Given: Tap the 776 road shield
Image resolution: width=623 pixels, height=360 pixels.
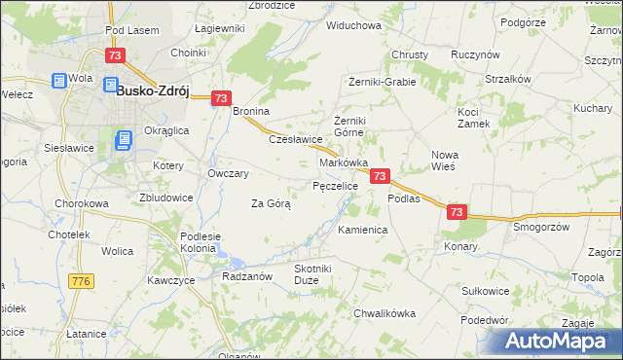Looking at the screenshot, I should (81, 280).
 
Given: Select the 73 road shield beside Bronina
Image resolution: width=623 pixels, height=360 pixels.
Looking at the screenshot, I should (221, 97).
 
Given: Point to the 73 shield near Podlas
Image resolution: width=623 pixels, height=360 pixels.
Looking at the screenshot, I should (381, 176).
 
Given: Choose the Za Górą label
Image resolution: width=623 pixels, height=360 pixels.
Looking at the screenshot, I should (271, 204).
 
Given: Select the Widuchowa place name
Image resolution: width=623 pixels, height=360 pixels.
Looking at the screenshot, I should (353, 25).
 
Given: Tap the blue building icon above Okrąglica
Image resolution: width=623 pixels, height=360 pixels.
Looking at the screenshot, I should (124, 142).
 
